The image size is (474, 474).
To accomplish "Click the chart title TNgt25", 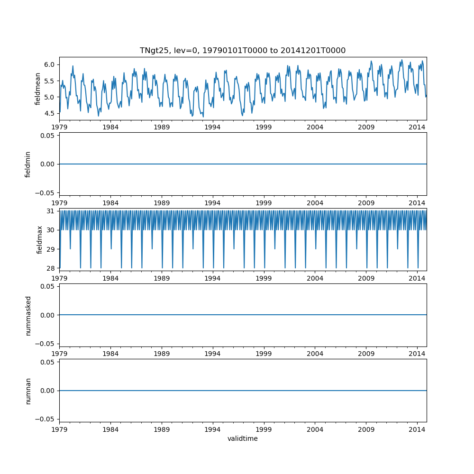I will (x=242, y=50).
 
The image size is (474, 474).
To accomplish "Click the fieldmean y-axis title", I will (x=37, y=89).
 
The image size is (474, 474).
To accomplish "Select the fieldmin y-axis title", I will (x=28, y=164).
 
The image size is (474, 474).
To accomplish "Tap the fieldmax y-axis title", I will (x=40, y=239).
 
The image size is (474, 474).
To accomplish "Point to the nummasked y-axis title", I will (x=28, y=315).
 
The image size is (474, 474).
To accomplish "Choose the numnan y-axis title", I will (x=28, y=391).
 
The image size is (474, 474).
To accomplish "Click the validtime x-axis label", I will (x=242, y=439).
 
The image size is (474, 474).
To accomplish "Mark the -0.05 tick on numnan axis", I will (x=46, y=419).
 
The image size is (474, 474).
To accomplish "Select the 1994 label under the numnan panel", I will (x=213, y=429).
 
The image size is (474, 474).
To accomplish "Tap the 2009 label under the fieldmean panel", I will (x=366, y=127).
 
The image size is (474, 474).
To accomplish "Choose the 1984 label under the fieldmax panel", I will (x=110, y=278).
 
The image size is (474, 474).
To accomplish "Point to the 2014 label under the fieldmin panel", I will (x=417, y=202).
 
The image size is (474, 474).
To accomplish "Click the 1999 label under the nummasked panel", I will (x=264, y=354).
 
